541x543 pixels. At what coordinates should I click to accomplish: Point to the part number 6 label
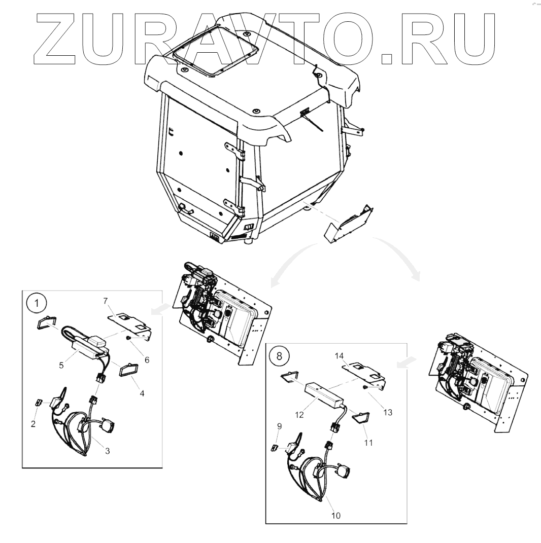tap(147, 359)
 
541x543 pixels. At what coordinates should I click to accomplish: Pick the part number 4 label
tap(142, 393)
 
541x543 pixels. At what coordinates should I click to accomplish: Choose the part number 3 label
tap(107, 451)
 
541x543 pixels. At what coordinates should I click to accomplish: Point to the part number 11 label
tap(368, 443)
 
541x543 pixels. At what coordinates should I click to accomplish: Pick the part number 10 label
tap(335, 516)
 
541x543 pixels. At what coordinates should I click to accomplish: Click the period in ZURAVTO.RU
tap(387, 58)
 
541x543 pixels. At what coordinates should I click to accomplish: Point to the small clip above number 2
tap(38, 403)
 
